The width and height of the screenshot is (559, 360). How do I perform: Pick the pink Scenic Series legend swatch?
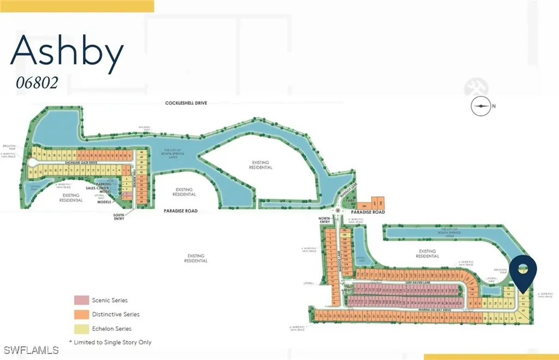(81, 300)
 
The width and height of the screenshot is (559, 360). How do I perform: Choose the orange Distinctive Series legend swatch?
(81, 314)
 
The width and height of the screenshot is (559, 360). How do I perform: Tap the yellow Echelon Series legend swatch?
(81, 328)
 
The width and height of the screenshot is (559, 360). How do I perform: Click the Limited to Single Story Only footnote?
(110, 342)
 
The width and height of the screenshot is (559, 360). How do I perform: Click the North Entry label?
(325, 219)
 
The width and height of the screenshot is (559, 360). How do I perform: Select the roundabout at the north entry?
(339, 211)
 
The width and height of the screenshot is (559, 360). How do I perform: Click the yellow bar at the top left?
(76, 5)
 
